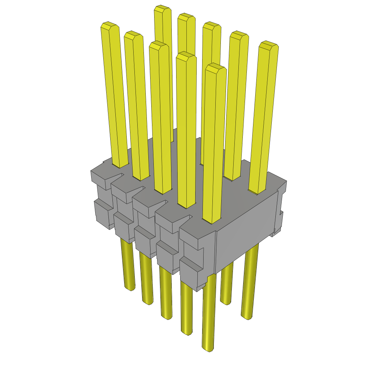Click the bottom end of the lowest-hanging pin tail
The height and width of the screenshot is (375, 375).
208,348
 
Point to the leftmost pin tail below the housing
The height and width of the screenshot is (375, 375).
128,267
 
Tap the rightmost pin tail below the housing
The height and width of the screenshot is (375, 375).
249,286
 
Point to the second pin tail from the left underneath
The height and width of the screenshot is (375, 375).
146,282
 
